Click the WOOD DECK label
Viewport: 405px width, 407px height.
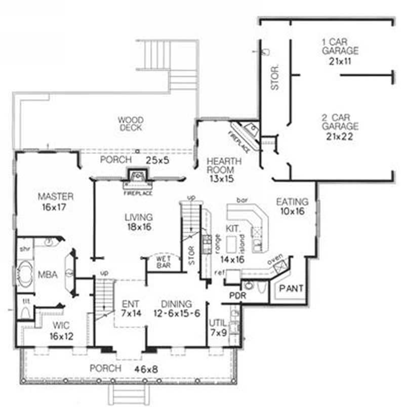(131, 124)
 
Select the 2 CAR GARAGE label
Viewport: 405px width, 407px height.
(340, 121)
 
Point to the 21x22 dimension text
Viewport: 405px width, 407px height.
(340, 136)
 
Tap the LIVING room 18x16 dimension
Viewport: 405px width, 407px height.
(138, 227)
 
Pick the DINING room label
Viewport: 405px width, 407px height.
(177, 304)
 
